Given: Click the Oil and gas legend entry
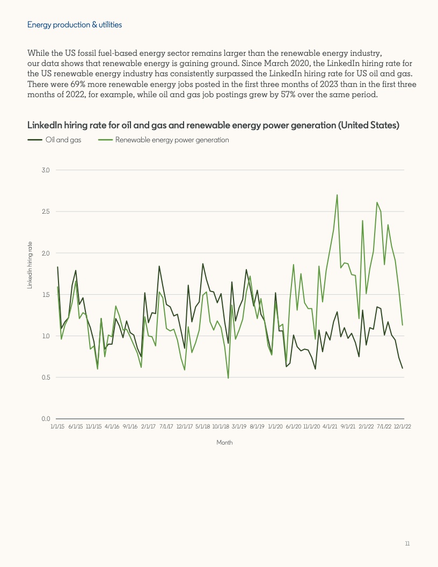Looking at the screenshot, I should click(x=67, y=140).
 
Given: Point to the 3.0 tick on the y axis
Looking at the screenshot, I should click(x=45, y=170).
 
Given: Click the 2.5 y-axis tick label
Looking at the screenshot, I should click(x=45, y=212).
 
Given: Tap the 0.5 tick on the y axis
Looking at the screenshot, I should click(x=45, y=377).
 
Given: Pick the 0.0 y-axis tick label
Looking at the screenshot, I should click(x=45, y=419).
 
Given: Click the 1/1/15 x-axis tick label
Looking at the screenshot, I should click(x=57, y=426).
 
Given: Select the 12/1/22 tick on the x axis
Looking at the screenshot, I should click(x=403, y=426).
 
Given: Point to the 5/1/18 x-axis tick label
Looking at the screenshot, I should click(x=202, y=426).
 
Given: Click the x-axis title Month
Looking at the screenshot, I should click(x=224, y=443).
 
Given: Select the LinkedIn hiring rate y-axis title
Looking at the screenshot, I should click(x=30, y=265).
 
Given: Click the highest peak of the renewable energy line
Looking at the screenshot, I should click(x=337, y=195).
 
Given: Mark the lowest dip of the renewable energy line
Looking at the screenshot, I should click(x=228, y=378).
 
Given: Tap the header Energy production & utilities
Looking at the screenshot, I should click(x=75, y=25).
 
